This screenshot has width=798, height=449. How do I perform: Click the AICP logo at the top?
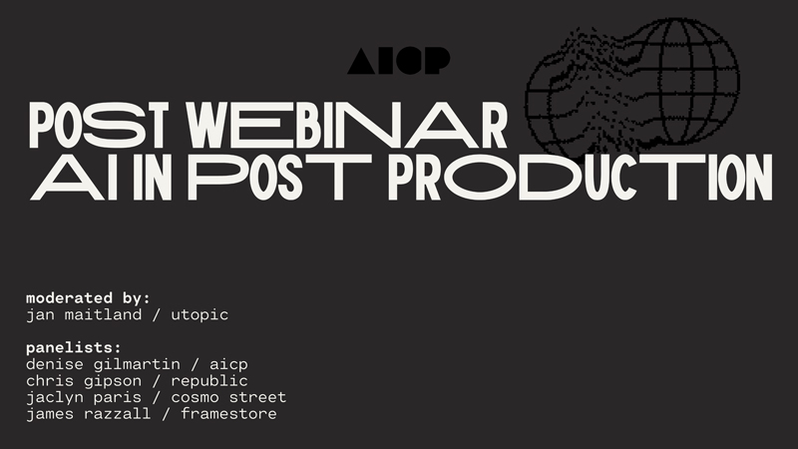click(x=398, y=61)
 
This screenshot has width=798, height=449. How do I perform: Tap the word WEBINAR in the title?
click(x=346, y=126)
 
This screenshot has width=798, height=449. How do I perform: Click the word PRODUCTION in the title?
click(x=581, y=177)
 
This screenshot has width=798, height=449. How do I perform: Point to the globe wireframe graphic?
click(x=632, y=87)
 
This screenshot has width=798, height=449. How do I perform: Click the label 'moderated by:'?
click(x=88, y=297)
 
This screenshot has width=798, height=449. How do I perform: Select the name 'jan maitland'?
click(x=84, y=314)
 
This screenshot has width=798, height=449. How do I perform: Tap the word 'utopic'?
click(x=199, y=315)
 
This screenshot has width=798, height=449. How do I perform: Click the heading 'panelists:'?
click(x=74, y=347)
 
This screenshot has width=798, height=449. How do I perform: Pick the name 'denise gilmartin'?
click(x=103, y=364)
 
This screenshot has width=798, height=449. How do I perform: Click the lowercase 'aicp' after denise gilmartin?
click(x=228, y=365)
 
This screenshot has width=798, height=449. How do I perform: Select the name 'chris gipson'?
click(x=84, y=381)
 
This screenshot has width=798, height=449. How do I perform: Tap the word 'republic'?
click(x=209, y=381)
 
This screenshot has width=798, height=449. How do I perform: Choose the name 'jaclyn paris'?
click(x=84, y=397)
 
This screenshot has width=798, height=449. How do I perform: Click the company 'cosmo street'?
click(x=228, y=397)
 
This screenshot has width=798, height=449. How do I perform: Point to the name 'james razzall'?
click(x=88, y=413)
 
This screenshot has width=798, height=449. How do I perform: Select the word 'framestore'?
click(x=228, y=413)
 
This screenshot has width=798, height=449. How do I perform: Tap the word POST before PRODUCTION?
click(x=280, y=177)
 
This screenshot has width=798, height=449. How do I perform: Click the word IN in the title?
click(x=151, y=177)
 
